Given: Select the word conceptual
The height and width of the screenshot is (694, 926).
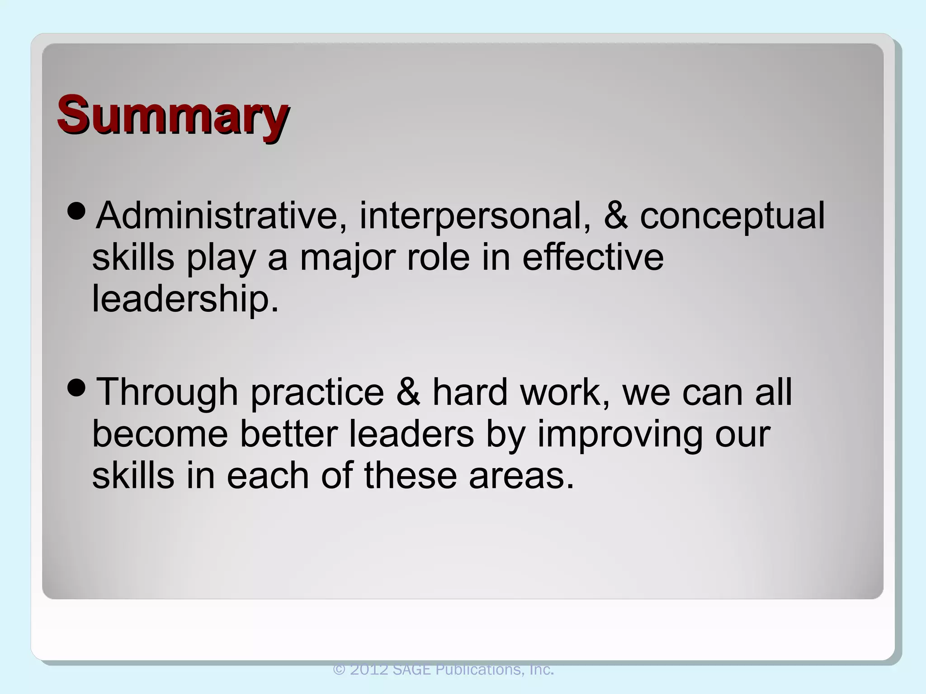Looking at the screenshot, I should [732, 216].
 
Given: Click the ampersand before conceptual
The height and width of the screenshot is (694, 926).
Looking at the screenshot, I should [616, 216].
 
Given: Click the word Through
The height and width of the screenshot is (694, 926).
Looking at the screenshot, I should [167, 392].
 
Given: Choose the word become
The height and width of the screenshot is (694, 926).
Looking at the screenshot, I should [160, 434].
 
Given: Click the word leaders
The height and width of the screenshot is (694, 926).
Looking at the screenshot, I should [411, 434].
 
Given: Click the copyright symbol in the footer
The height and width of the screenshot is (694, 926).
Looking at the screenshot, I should [339, 670].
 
